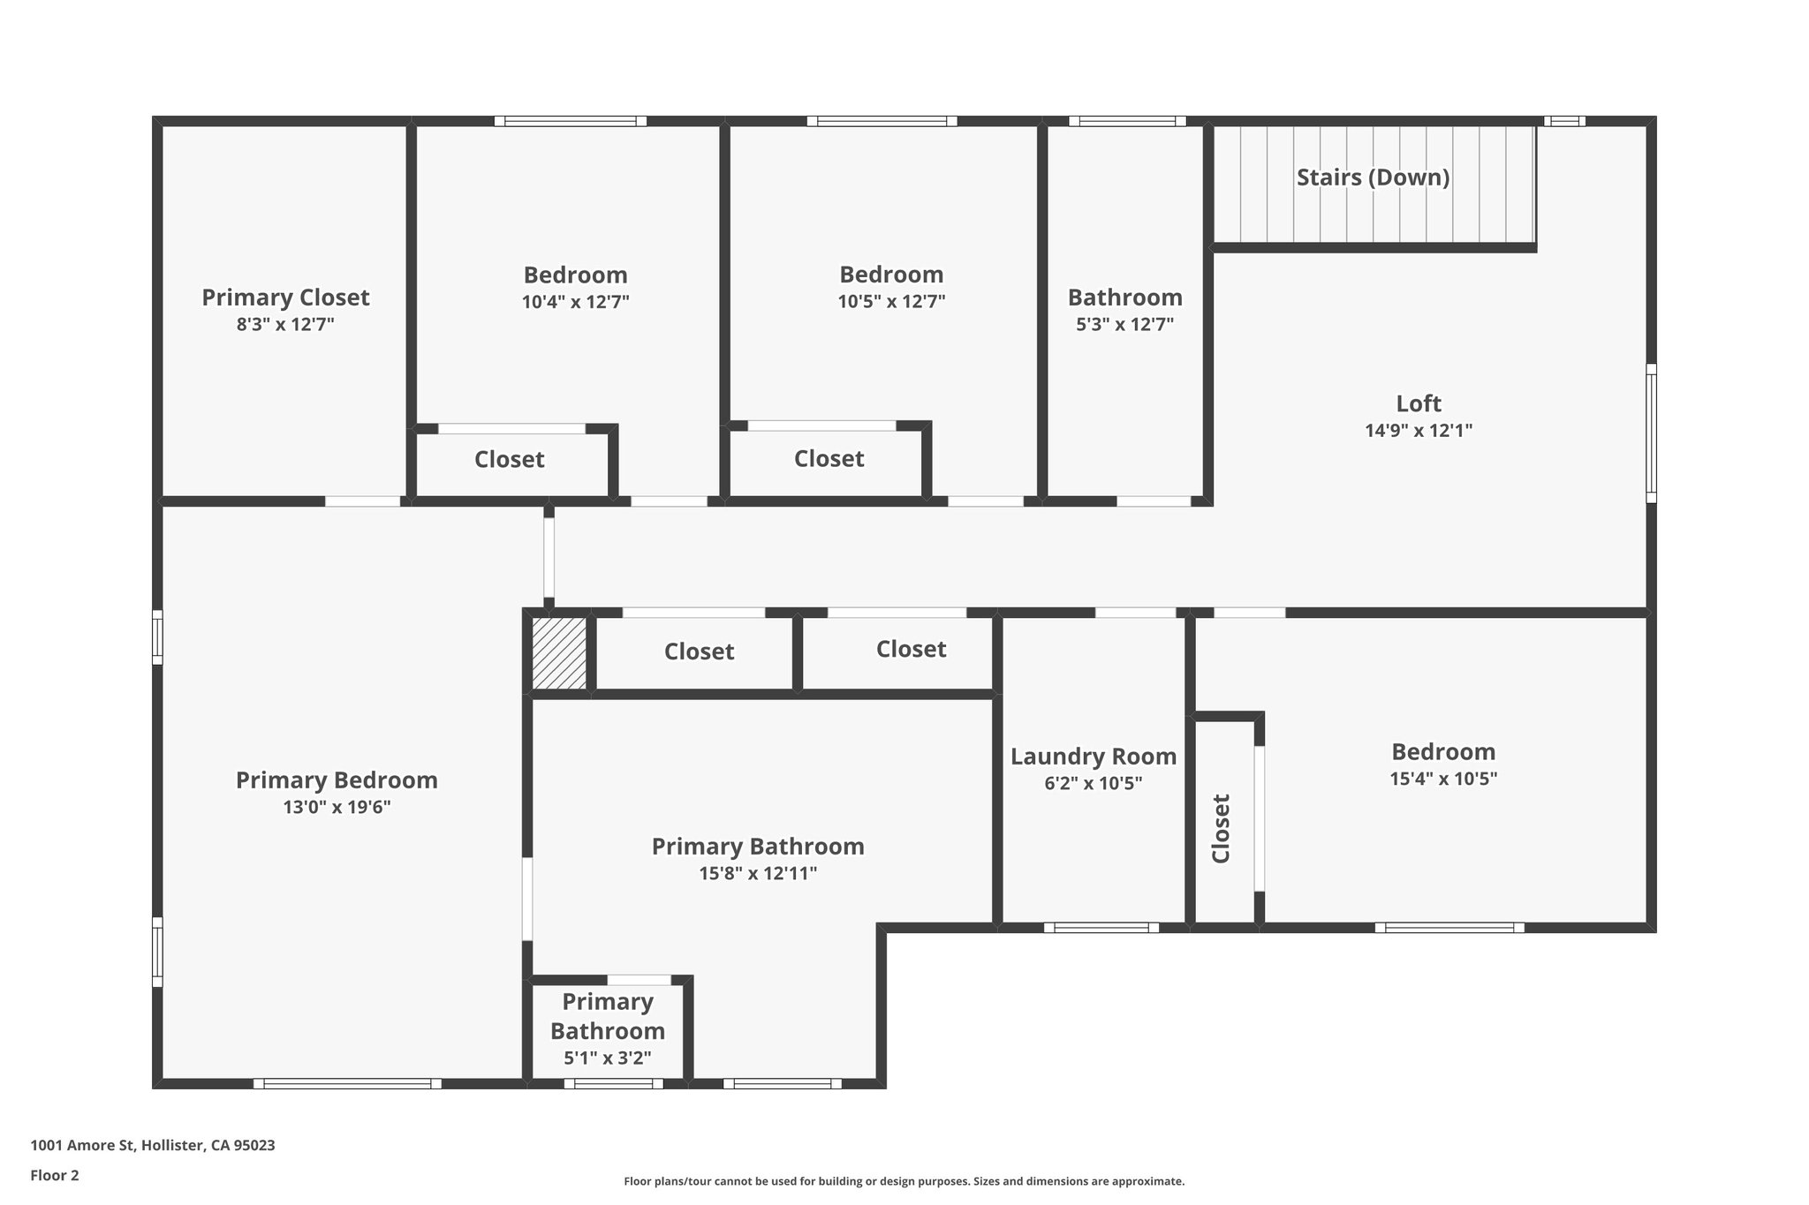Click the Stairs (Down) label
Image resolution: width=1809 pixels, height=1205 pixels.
point(1373,177)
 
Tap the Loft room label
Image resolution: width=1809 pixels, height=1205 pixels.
point(1419,403)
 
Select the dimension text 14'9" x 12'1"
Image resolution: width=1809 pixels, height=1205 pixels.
point(1419,431)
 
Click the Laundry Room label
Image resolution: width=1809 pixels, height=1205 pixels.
point(1094,757)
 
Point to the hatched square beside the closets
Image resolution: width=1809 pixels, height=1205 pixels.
point(558,653)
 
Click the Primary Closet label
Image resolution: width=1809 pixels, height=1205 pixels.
point(285,297)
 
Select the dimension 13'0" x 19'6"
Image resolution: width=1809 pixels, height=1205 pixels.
point(337,807)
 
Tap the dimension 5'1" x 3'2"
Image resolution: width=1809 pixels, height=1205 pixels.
point(608,1058)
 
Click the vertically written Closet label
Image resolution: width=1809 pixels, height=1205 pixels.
point(1221,829)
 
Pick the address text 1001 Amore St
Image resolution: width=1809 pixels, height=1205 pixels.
point(82,1146)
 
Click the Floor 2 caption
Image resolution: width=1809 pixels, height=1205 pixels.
point(55,1175)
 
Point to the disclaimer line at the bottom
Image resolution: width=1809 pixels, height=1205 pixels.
point(904,1181)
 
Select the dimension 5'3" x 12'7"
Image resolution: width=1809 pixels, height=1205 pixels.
point(1124,324)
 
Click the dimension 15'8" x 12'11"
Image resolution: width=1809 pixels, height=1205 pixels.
point(758,873)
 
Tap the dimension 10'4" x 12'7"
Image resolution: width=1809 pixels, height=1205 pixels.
point(575,302)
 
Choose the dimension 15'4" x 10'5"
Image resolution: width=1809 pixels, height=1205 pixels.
point(1443,779)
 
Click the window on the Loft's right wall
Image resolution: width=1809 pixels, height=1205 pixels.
point(1651,433)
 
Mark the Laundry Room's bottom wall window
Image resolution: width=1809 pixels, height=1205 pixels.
point(1101,928)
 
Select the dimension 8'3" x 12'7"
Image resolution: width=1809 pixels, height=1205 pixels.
point(285,324)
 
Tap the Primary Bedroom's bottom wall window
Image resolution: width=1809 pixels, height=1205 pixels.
point(347,1083)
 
